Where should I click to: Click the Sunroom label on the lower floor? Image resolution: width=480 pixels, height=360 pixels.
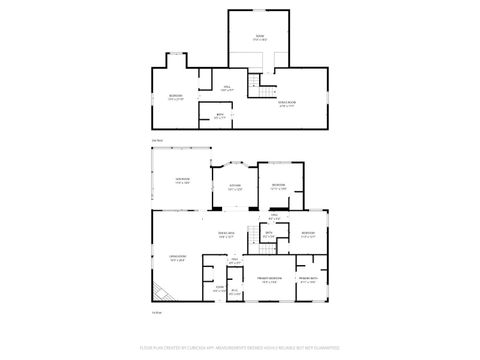[182, 181]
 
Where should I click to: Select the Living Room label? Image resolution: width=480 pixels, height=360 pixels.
[176, 258]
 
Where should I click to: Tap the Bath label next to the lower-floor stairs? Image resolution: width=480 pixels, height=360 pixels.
[268, 234]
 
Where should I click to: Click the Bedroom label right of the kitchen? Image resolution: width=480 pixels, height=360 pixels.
[278, 186]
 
